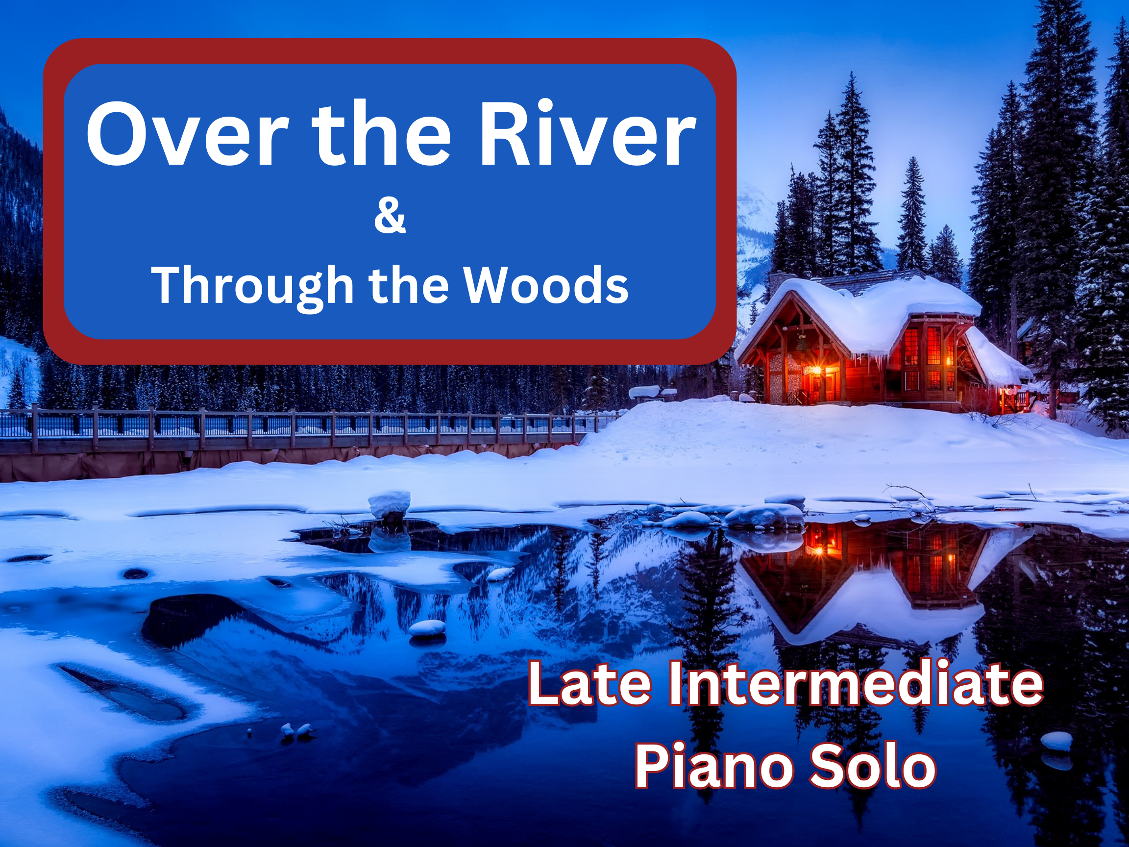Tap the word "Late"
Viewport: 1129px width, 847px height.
pyautogui.click(x=589, y=683)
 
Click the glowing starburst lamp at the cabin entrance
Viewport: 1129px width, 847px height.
pyautogui.click(x=814, y=370)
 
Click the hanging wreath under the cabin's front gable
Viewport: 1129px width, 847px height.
pyautogui.click(x=802, y=344)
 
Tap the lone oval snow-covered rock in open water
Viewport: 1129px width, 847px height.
pyautogui.click(x=428, y=627)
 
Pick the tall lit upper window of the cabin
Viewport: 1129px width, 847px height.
pyautogui.click(x=933, y=345)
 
